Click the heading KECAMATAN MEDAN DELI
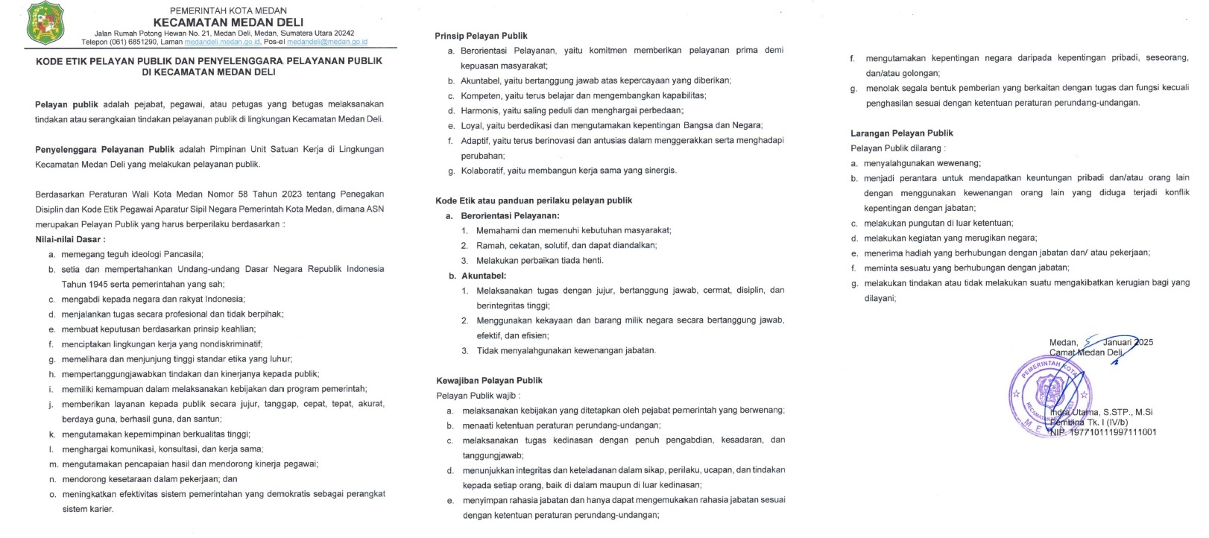[228, 22]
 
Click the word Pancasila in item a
[178, 254]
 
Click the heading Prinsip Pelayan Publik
[481, 36]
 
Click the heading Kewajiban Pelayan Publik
[489, 380]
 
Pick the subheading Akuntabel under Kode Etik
[484, 275]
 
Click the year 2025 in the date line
[1142, 342]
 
